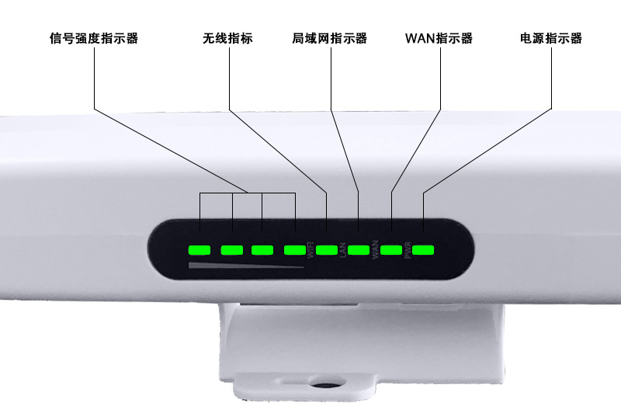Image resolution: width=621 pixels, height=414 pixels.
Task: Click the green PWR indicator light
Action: [x=423, y=250]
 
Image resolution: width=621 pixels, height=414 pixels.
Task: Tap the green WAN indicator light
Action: [x=390, y=250]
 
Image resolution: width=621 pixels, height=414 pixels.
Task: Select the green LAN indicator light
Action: [x=358, y=250]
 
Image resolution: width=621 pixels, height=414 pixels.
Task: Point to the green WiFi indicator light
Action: [x=326, y=250]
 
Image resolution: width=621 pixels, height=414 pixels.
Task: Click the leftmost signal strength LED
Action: [x=200, y=250]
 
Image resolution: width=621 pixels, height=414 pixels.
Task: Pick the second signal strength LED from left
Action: [x=232, y=250]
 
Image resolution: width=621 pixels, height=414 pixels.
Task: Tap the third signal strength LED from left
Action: [x=262, y=250]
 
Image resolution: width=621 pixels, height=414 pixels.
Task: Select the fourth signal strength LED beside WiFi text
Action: [x=295, y=250]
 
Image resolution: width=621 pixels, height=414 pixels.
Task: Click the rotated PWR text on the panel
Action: [x=408, y=252]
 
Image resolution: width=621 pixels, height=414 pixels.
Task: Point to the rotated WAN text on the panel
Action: [x=375, y=252]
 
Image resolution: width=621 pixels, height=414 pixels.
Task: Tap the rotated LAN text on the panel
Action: [x=342, y=252]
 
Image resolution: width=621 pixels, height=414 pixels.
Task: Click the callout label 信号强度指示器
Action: [x=93, y=38]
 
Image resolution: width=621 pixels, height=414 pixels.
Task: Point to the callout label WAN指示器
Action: [x=439, y=38]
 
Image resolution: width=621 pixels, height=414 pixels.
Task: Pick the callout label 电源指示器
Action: [x=550, y=38]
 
